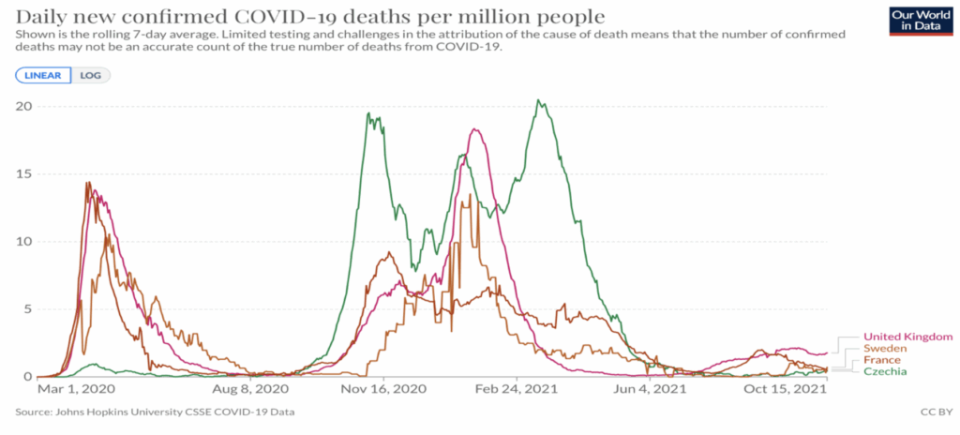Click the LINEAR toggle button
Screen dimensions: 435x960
(43, 75)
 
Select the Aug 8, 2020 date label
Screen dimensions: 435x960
(247, 388)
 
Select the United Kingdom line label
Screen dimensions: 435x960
(907, 337)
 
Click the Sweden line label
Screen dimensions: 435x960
(885, 349)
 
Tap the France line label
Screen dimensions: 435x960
(882, 360)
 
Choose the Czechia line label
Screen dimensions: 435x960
(886, 371)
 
